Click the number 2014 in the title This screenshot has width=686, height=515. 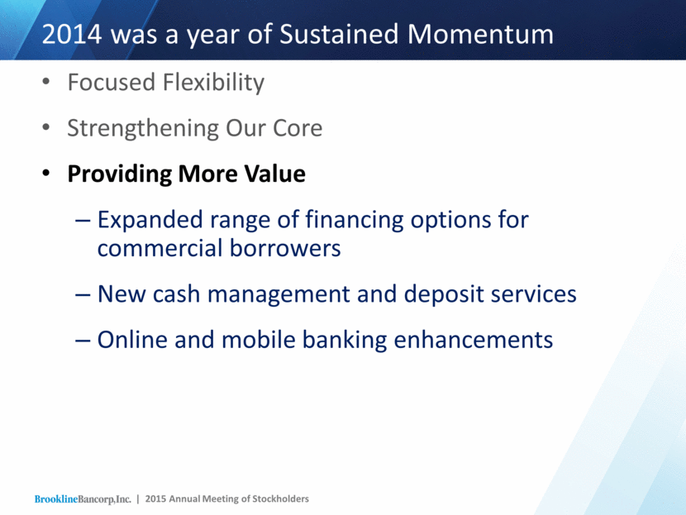(x=72, y=34)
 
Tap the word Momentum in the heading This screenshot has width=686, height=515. (x=480, y=34)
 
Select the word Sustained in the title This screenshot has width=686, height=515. (x=339, y=34)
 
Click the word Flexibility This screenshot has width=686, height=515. (x=213, y=83)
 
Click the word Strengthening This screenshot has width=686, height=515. (x=143, y=129)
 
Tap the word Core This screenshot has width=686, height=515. (x=298, y=128)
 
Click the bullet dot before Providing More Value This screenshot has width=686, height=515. (x=46, y=174)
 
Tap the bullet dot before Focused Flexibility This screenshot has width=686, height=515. (x=46, y=82)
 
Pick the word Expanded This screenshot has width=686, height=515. (x=150, y=220)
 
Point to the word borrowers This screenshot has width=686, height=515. (x=285, y=249)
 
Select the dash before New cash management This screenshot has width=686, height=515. (x=83, y=295)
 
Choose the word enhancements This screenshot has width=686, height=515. (x=474, y=340)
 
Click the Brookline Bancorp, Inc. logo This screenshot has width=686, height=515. (x=83, y=499)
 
